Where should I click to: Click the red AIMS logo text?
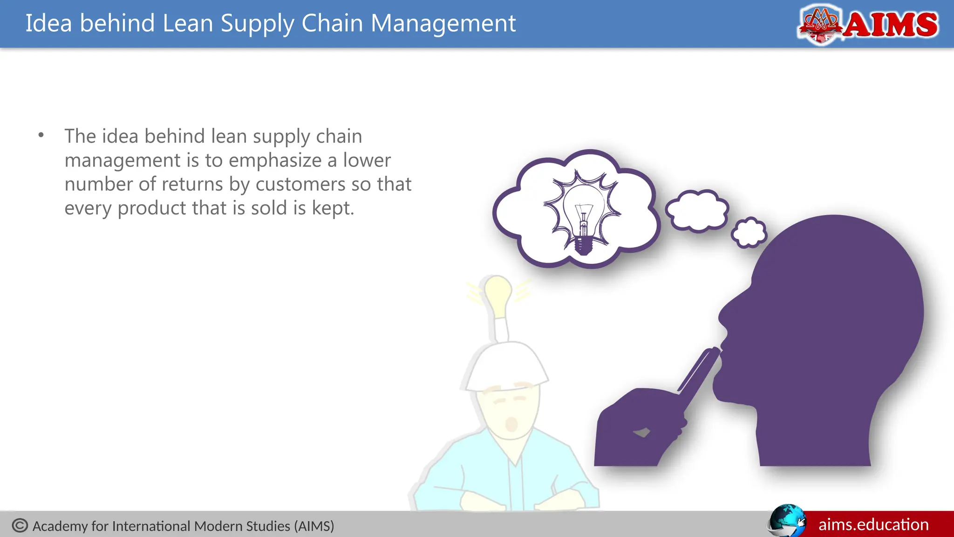point(891,25)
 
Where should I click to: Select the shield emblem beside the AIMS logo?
point(820,24)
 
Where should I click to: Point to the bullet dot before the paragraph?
point(41,136)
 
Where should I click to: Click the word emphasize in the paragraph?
point(274,160)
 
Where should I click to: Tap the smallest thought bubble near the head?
point(749,232)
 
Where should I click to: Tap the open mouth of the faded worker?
point(511,424)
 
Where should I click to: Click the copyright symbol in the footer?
point(20,525)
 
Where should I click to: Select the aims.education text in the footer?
point(873,525)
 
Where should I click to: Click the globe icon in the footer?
point(786,521)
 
